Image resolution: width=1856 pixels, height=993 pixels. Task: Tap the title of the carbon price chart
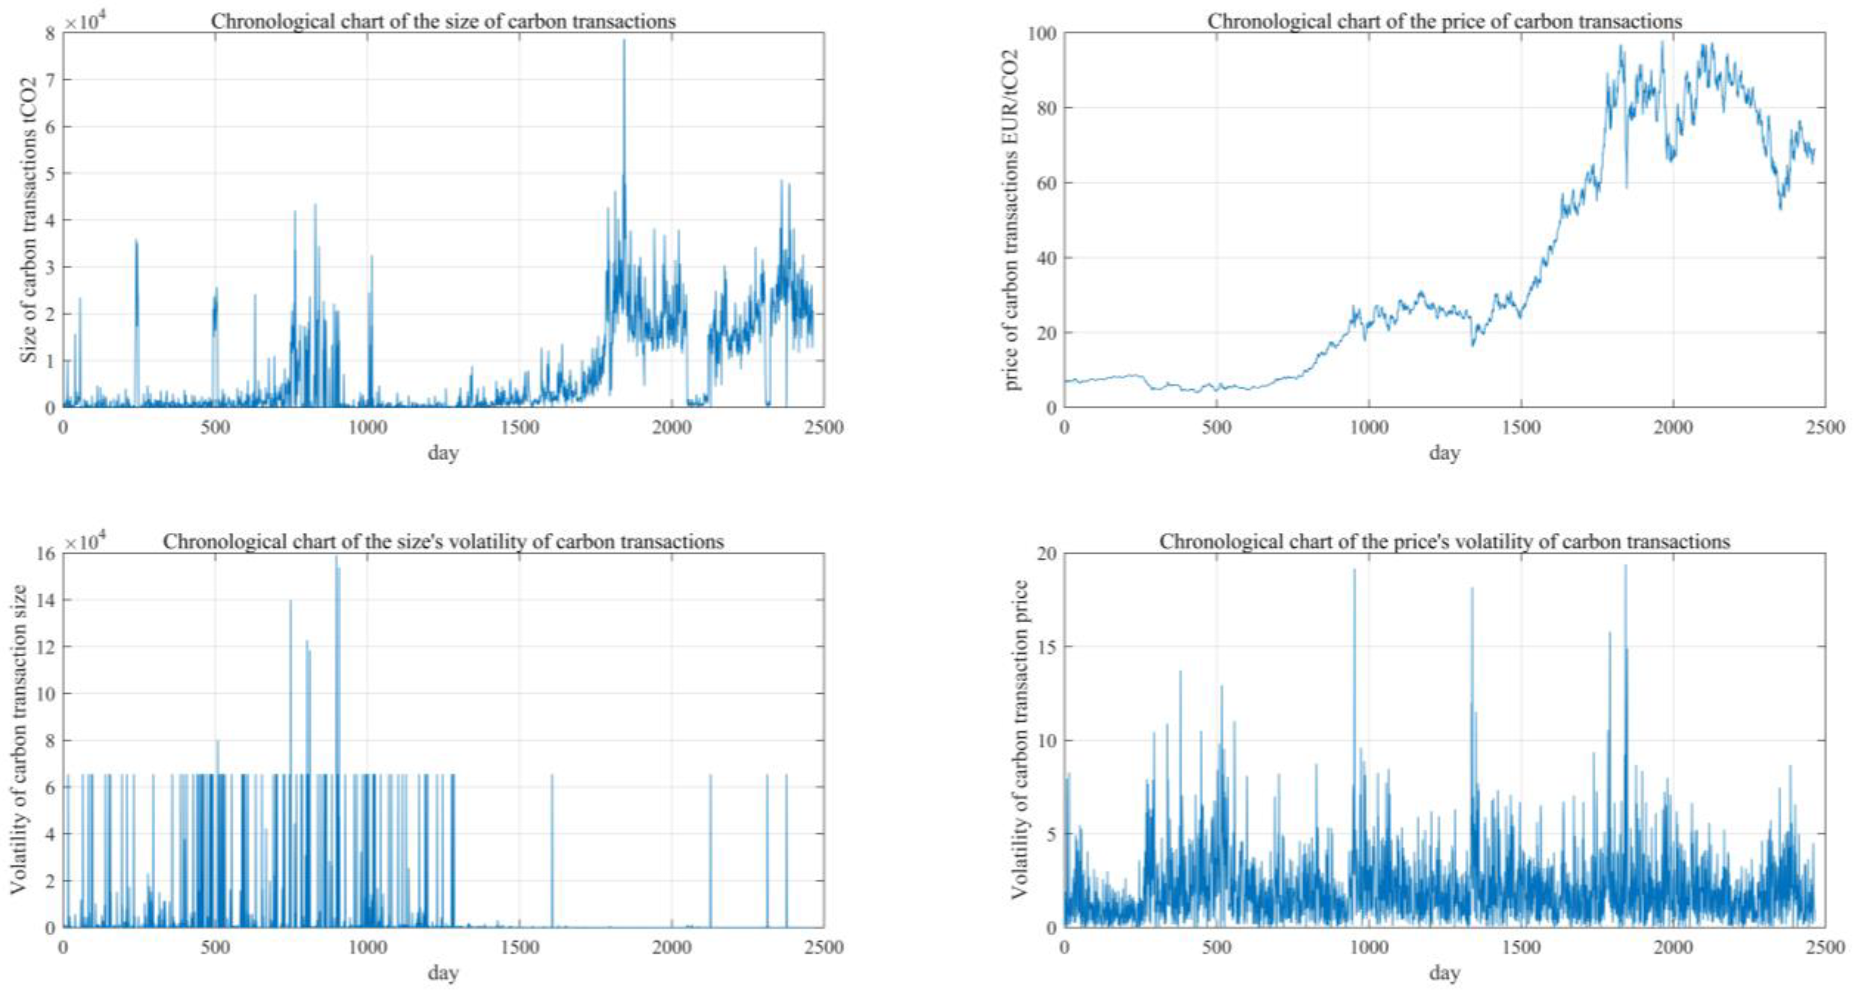[1444, 22]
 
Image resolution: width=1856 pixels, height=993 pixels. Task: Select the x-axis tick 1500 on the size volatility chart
[520, 946]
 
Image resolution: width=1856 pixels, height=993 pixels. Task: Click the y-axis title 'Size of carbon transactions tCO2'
[29, 220]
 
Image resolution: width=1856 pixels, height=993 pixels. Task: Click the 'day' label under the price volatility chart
[1444, 973]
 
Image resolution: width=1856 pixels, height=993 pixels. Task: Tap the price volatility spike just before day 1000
[1354, 573]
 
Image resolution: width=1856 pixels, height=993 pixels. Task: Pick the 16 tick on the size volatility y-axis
[46, 554]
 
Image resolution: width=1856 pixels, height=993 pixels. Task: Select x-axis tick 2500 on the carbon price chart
[1825, 427]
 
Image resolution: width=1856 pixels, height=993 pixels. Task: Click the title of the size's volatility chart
[442, 542]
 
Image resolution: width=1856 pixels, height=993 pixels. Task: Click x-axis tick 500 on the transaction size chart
[215, 427]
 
